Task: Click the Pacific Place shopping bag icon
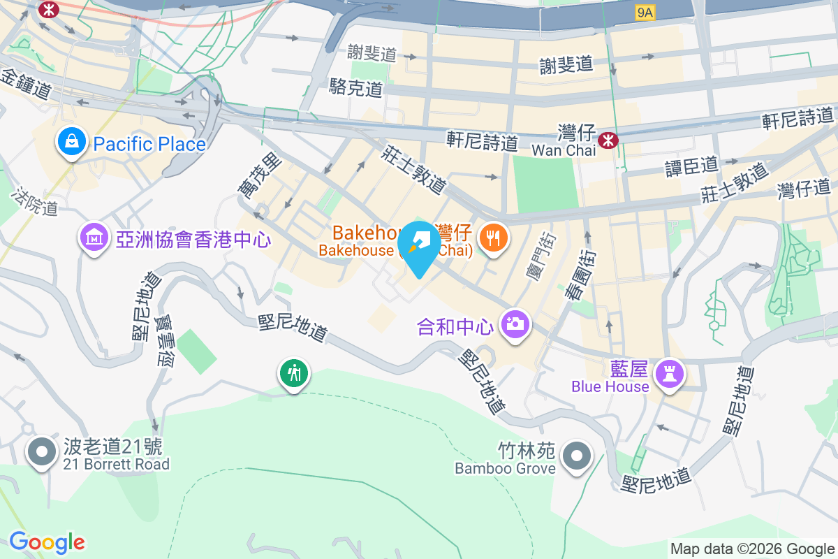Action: tap(72, 143)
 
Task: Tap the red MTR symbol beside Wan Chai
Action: tap(610, 140)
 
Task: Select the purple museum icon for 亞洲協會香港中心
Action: tap(94, 239)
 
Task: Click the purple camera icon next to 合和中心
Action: tap(515, 324)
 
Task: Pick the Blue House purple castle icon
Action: tap(670, 375)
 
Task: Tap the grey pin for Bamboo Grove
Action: tap(577, 457)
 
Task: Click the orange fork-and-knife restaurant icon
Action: tap(494, 238)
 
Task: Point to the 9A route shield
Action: tap(646, 13)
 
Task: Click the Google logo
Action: tap(47, 542)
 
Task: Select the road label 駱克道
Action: tap(356, 88)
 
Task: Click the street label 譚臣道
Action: tap(691, 166)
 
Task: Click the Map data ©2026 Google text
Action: tap(753, 549)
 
